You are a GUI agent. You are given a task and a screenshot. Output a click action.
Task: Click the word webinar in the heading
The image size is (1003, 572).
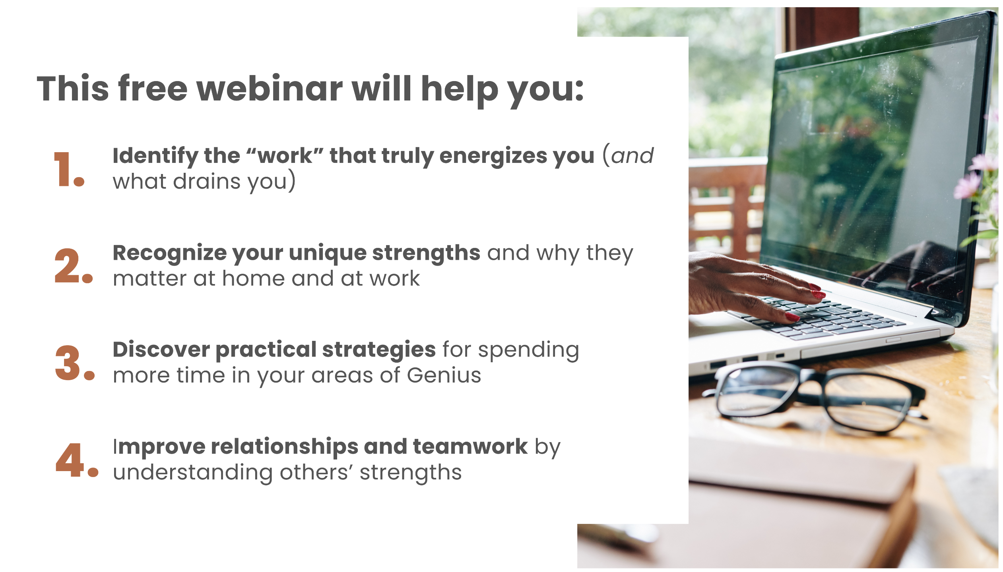pos(270,88)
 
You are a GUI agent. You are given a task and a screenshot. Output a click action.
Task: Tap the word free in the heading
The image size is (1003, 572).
pos(153,88)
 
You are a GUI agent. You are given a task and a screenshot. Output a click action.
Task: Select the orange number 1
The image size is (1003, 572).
pos(69,169)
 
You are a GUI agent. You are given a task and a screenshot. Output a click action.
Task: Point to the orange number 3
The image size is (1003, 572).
pos(75,363)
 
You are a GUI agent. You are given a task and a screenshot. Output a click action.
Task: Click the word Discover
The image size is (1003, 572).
pos(161,350)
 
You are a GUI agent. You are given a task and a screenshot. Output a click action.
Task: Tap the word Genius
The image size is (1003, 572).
pos(444,375)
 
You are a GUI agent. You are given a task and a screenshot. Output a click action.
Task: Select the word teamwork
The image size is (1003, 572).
pos(470,446)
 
